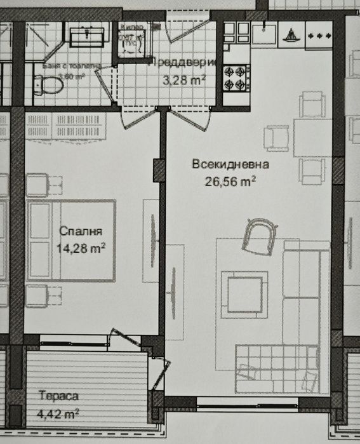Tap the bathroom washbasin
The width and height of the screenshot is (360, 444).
pos(87,36)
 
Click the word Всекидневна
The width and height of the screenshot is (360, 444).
pos(230,165)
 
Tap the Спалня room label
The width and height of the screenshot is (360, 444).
pos(81,232)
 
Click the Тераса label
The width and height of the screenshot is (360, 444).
pos(58,397)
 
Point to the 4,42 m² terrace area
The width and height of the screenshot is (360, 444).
pos(58,414)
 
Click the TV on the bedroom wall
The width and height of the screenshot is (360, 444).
pos(153,239)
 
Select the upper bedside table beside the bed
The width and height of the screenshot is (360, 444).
pos(45,184)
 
